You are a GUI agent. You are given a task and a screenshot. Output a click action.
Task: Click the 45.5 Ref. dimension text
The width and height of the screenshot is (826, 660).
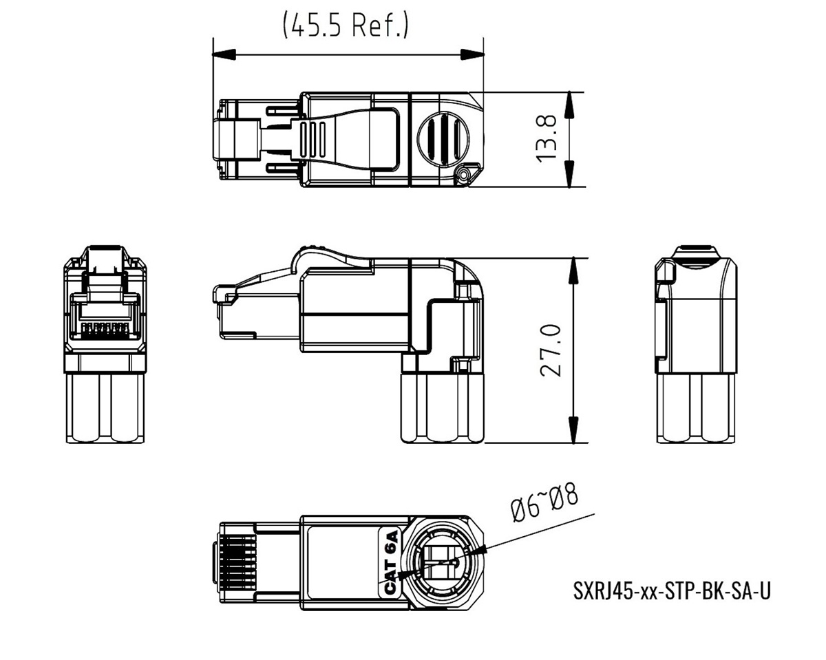click(x=346, y=25)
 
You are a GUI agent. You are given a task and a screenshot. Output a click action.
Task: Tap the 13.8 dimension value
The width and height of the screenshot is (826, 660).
click(x=546, y=139)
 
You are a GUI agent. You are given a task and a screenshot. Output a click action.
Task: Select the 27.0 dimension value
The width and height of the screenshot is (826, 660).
click(x=551, y=350)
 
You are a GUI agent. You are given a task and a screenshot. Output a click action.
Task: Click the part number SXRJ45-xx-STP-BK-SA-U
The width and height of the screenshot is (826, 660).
click(x=672, y=591)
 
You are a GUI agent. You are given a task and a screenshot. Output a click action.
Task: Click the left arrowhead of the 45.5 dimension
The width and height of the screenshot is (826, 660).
click(x=224, y=54)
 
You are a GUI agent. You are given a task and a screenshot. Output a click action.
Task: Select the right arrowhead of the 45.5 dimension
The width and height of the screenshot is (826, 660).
click(x=472, y=54)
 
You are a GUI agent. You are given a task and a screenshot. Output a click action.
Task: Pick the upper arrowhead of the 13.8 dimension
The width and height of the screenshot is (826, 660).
click(x=569, y=105)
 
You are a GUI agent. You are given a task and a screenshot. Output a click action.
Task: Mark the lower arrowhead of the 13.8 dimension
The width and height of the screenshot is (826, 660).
click(x=569, y=175)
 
